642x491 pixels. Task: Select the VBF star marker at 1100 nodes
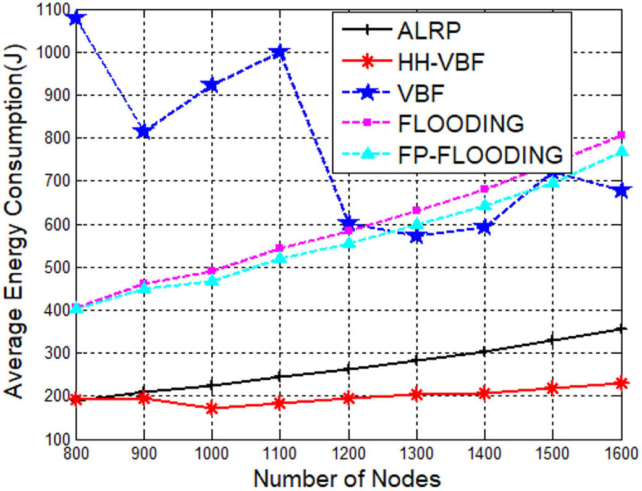click(x=281, y=53)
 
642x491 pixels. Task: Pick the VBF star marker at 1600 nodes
click(x=622, y=190)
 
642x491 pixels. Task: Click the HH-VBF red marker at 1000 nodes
click(x=213, y=408)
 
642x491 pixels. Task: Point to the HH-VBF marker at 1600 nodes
click(x=622, y=383)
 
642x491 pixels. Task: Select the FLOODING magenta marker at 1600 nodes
click(x=622, y=135)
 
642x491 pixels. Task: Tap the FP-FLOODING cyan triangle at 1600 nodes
click(x=622, y=151)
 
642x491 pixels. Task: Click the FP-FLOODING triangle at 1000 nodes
click(x=213, y=281)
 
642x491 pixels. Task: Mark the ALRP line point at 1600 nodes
click(x=622, y=328)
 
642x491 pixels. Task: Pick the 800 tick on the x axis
click(x=77, y=455)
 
